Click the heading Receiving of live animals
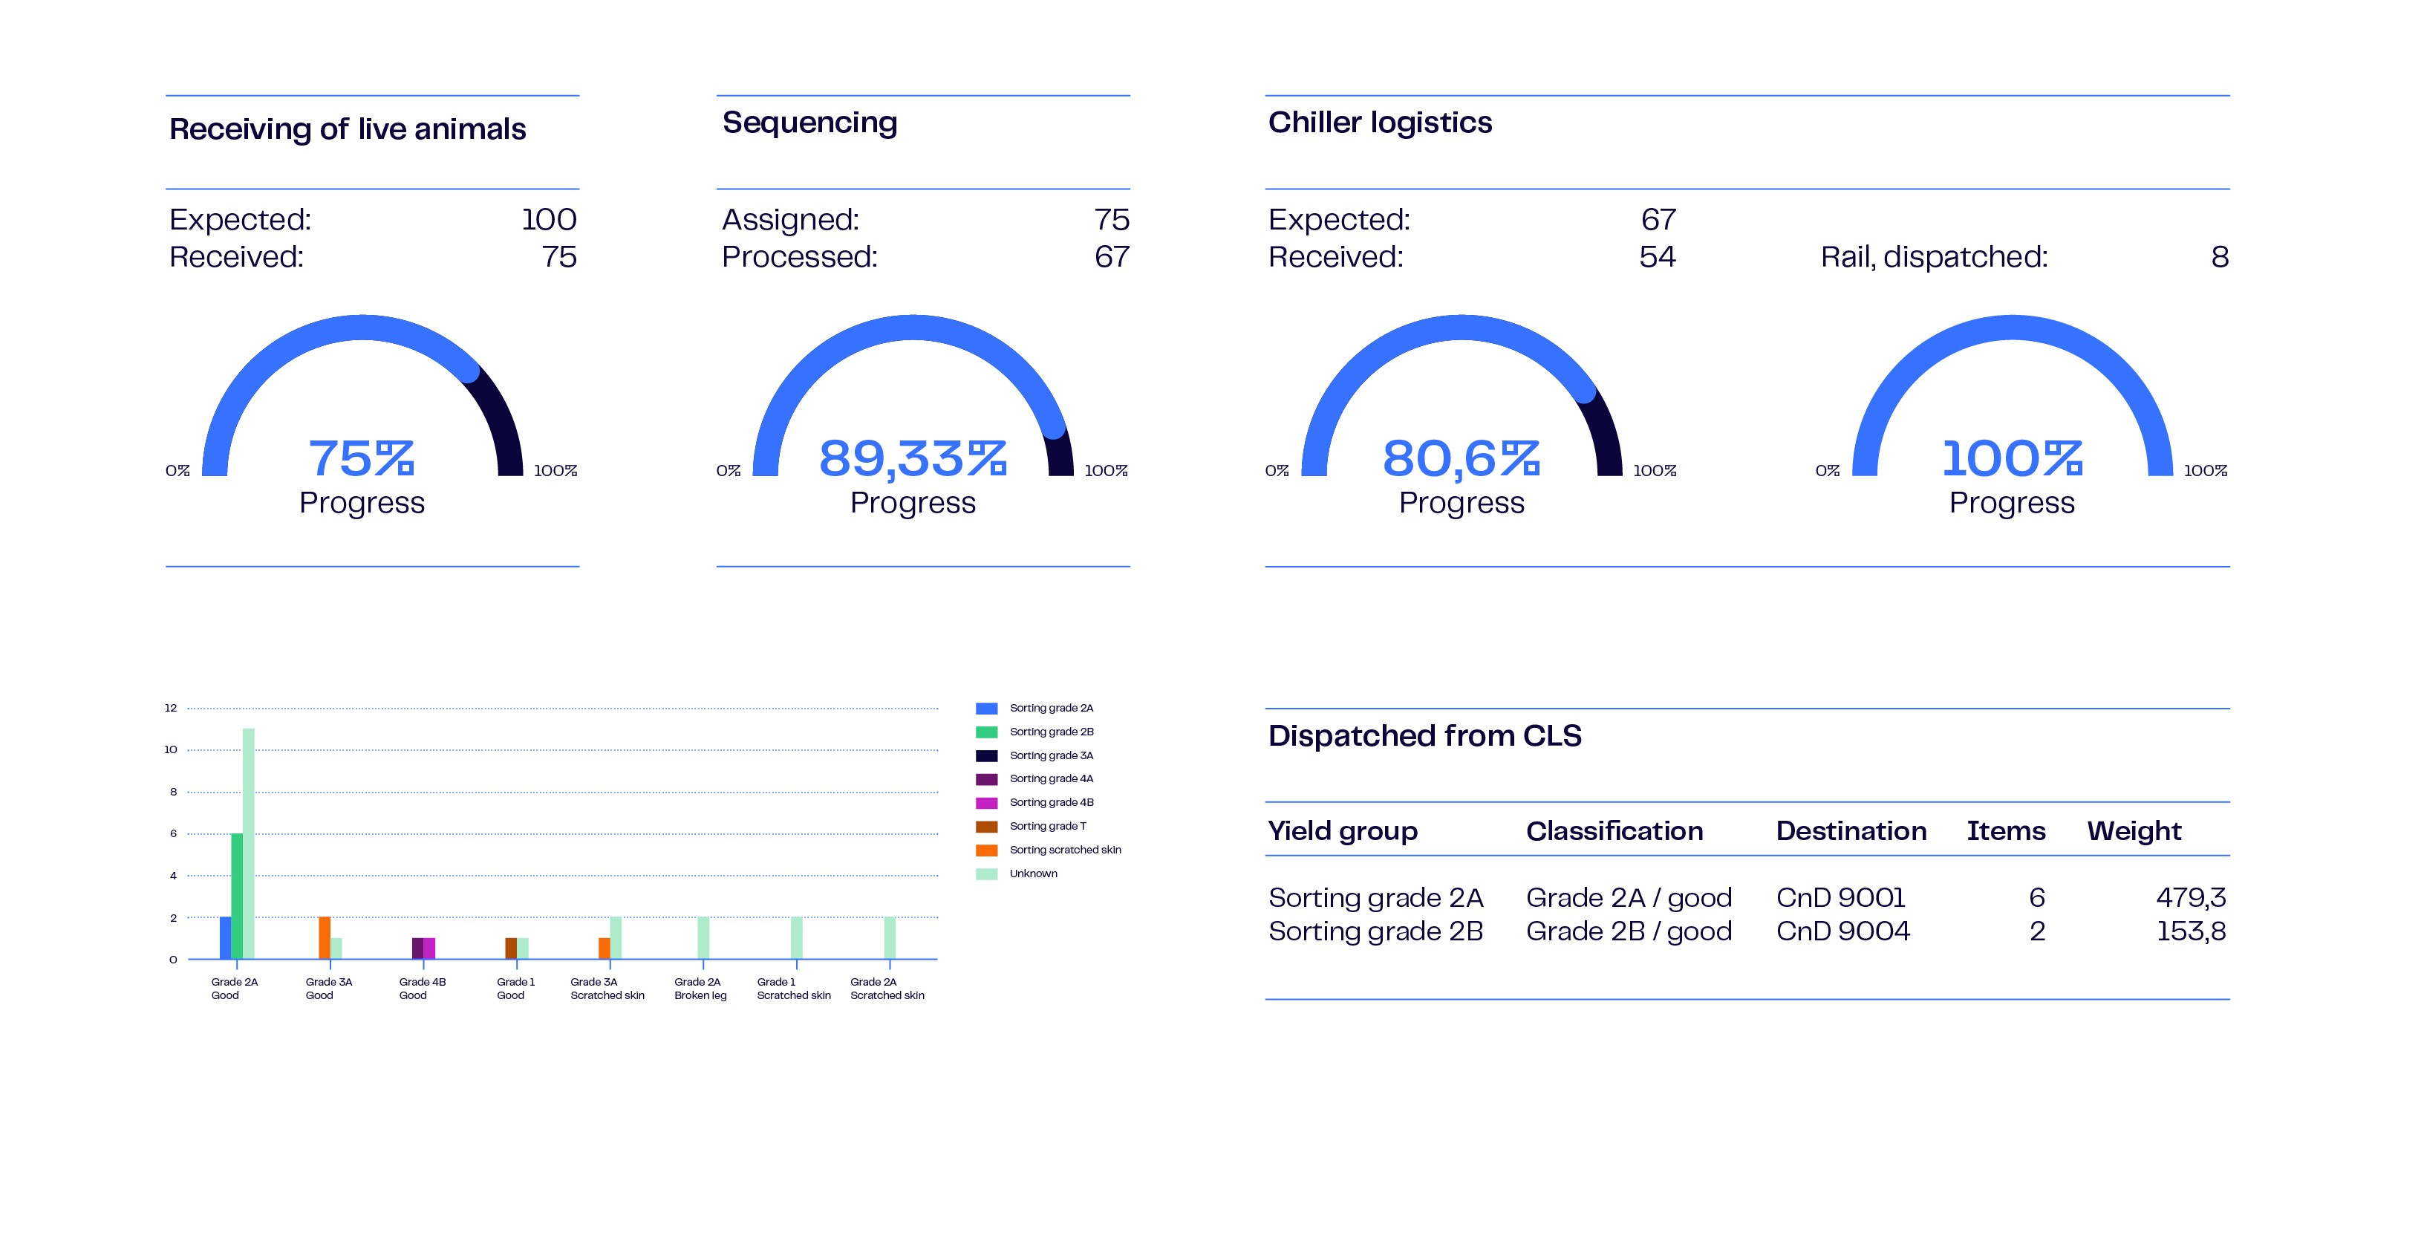pos(347,128)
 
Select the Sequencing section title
pos(809,122)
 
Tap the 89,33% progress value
pos(913,458)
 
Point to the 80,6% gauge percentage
pos(1461,458)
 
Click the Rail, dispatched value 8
pos(2219,256)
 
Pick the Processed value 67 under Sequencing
pos(1111,256)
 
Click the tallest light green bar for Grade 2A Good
pos(248,843)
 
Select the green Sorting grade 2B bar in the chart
pos(237,896)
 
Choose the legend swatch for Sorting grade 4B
pos(986,803)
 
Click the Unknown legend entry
pos(1033,873)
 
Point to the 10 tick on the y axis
pos(171,749)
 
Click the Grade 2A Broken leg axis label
pos(700,989)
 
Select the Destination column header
pos(1851,830)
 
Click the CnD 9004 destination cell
pos(1842,931)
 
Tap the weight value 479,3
pos(2190,897)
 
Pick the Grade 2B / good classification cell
pos(1628,931)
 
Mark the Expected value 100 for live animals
pos(549,220)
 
